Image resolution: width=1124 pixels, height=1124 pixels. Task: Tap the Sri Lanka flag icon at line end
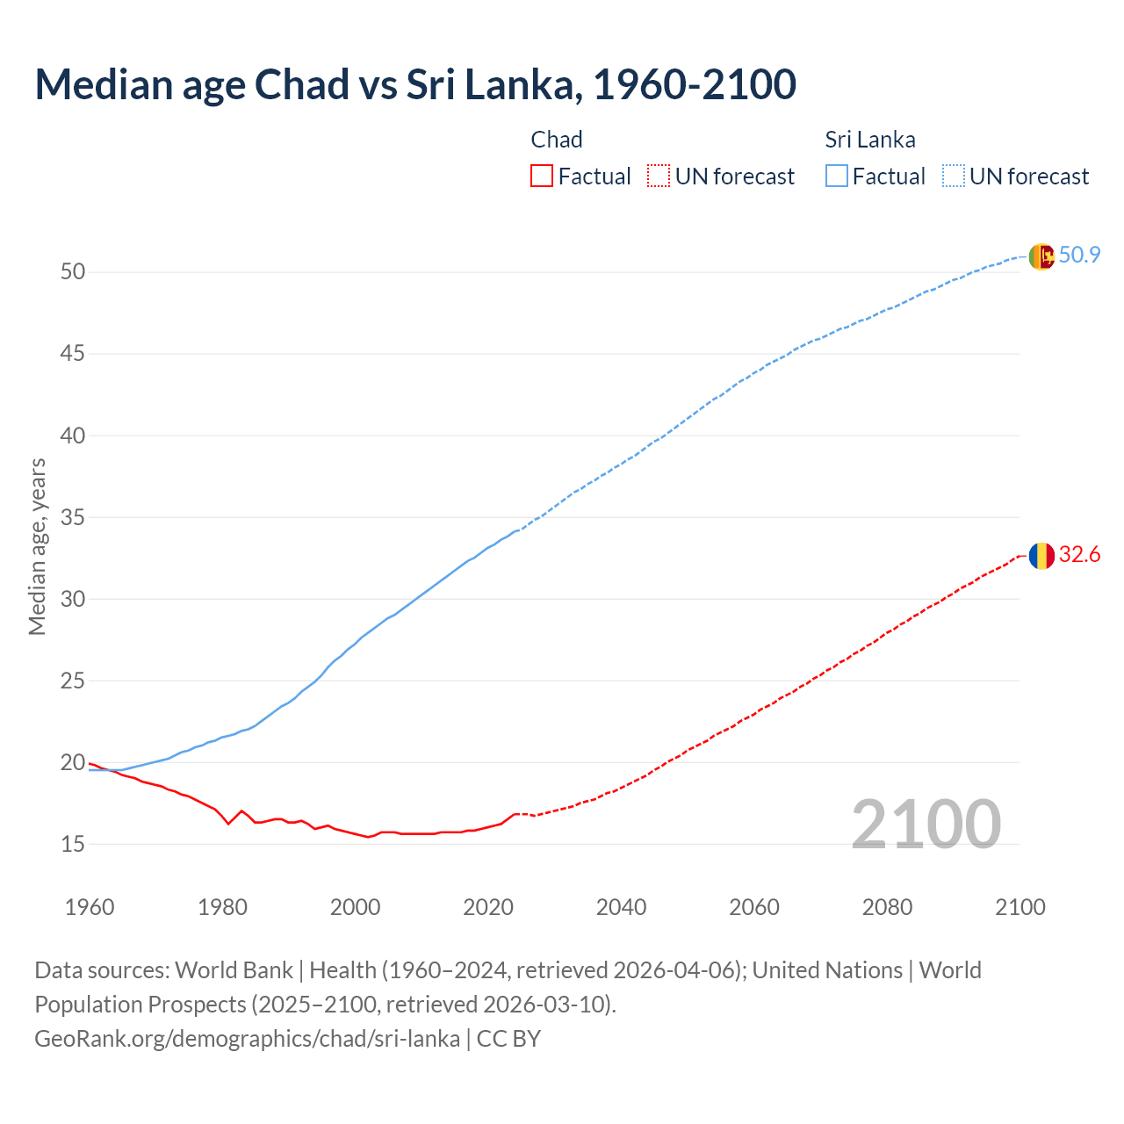tap(1041, 256)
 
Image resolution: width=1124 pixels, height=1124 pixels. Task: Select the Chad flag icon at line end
tap(1041, 556)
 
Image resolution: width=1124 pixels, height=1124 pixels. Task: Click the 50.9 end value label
tap(1079, 255)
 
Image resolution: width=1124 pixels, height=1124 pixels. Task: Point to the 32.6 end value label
tap(1079, 554)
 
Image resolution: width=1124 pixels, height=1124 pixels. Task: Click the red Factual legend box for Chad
tap(542, 177)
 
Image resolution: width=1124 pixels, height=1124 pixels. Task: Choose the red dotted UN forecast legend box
tap(659, 177)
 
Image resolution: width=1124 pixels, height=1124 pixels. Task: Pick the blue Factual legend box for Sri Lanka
tap(837, 177)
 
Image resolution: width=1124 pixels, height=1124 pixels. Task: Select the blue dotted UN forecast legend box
tap(954, 177)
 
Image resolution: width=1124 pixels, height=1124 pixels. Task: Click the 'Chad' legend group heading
tap(557, 140)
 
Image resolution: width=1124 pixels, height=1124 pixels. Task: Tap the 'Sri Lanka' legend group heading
tap(869, 140)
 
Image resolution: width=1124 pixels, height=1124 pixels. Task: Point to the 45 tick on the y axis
tap(73, 354)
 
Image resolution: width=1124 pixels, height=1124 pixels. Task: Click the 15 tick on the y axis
tap(73, 844)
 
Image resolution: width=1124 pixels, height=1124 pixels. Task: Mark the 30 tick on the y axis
tap(73, 599)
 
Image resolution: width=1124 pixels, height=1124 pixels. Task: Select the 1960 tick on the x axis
tap(90, 907)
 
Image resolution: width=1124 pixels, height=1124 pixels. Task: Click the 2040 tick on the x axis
tap(621, 907)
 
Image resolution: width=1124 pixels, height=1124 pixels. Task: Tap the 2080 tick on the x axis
tap(887, 907)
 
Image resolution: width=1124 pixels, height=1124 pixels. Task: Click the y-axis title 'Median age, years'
tap(37, 546)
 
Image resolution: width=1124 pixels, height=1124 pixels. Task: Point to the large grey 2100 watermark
tap(926, 824)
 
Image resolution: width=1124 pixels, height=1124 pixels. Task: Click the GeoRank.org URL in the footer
tap(247, 1039)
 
